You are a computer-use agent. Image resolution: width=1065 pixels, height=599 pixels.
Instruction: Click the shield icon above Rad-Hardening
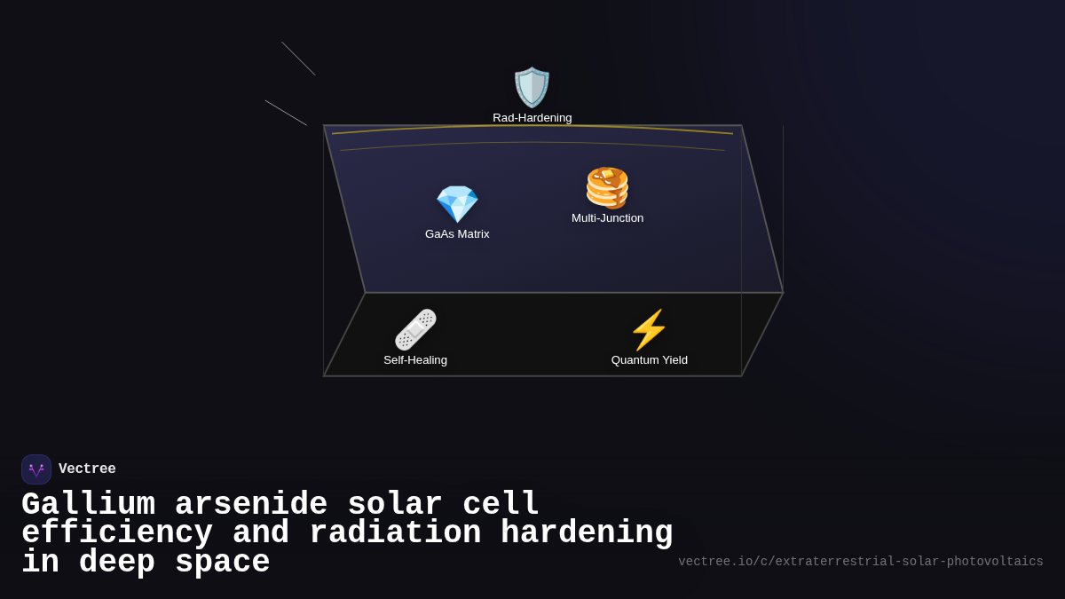point(532,87)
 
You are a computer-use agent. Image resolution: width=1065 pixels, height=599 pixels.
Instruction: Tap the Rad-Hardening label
point(532,118)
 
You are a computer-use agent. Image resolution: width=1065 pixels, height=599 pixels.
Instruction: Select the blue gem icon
point(457,204)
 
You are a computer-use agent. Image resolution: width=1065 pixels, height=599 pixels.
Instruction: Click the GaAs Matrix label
point(457,234)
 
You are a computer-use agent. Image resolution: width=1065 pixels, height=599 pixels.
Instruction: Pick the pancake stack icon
point(607,188)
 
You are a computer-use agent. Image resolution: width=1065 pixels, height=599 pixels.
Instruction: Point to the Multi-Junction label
point(607,218)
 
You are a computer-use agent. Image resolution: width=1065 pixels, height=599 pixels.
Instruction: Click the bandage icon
point(415,330)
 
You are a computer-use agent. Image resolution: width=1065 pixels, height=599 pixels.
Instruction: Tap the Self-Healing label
point(415,360)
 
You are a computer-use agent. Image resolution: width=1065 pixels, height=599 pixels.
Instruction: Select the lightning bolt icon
point(649,330)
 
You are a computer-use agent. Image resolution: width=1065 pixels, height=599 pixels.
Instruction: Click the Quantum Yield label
point(649,360)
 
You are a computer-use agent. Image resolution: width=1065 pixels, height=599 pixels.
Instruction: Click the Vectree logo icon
point(36,469)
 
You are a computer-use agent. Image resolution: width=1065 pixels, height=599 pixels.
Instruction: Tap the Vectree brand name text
point(87,469)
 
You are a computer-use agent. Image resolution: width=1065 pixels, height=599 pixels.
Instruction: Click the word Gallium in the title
point(88,505)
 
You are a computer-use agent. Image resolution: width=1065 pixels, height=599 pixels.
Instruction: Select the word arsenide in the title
point(251,505)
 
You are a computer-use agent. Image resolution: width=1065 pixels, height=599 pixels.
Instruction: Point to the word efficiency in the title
point(117,533)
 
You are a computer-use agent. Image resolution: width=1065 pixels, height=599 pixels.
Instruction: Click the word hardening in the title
point(587,533)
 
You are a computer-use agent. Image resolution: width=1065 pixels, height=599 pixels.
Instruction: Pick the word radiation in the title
point(395,533)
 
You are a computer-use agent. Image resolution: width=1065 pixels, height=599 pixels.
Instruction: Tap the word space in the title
point(222,563)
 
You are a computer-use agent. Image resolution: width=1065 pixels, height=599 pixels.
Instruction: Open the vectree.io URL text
point(860,562)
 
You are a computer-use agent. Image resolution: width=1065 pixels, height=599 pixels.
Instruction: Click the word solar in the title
point(395,505)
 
